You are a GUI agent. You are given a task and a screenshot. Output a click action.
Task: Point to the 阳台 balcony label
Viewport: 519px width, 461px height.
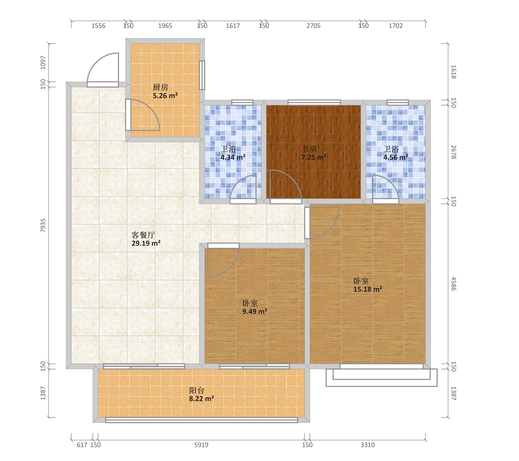[x=197, y=390]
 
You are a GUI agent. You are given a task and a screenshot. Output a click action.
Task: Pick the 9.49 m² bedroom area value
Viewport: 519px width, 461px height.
[x=255, y=311]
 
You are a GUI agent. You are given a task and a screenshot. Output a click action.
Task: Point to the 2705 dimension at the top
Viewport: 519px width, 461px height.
[x=314, y=26]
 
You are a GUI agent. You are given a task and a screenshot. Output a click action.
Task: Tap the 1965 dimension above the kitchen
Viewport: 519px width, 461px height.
[x=165, y=26]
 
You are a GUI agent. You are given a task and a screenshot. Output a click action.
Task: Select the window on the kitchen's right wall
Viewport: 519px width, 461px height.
[x=202, y=75]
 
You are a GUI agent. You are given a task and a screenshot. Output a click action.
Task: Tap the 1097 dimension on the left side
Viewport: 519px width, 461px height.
[x=43, y=63]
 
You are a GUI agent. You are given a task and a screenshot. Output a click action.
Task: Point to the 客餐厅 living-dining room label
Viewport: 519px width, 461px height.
[x=143, y=235]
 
